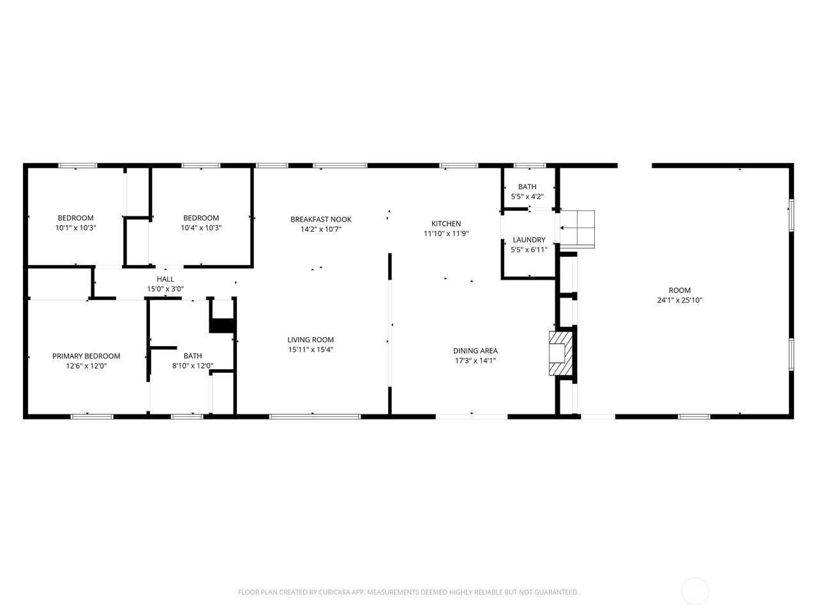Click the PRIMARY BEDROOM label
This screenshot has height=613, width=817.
click(x=86, y=356)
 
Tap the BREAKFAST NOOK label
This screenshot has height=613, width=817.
click(x=321, y=220)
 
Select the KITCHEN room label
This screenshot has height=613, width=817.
click(x=446, y=223)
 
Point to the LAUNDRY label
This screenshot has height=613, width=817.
click(x=529, y=240)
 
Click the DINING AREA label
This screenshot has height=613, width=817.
click(x=476, y=351)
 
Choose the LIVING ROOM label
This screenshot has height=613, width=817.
click(x=310, y=340)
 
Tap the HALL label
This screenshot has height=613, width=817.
click(x=165, y=279)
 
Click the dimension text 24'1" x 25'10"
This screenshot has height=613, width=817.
click(x=680, y=300)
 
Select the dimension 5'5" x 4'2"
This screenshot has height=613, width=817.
click(x=527, y=197)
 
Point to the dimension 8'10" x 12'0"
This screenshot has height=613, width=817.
click(x=192, y=366)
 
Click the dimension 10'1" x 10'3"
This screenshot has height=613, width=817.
click(x=75, y=228)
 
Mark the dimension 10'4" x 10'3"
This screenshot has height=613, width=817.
click(x=201, y=228)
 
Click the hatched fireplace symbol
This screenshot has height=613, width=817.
click(x=560, y=353)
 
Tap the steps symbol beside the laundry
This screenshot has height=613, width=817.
click(x=577, y=229)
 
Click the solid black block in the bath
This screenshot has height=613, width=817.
click(x=222, y=326)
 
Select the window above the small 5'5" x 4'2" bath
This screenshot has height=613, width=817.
click(x=530, y=165)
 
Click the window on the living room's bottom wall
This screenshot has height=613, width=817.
click(x=315, y=416)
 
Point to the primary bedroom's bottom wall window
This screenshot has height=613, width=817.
click(x=91, y=416)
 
